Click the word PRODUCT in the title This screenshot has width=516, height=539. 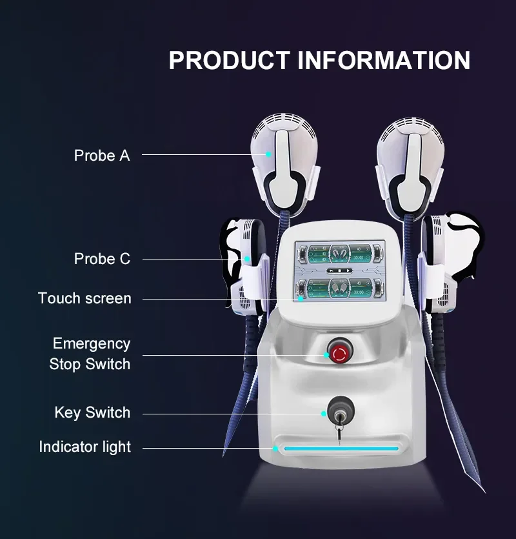(x=229, y=60)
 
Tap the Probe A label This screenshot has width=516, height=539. (x=101, y=156)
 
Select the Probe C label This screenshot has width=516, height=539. (x=102, y=259)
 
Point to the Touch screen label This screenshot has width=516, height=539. (x=84, y=298)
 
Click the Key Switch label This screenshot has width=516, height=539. (x=92, y=412)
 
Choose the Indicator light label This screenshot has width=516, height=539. (x=84, y=447)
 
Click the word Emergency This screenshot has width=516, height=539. (x=91, y=343)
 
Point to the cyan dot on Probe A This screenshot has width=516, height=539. (x=270, y=154)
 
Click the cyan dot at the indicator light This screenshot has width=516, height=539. (x=275, y=447)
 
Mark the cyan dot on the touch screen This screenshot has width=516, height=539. (x=301, y=299)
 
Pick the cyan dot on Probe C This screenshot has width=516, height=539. (x=247, y=259)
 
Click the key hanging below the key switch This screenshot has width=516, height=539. (x=337, y=436)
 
